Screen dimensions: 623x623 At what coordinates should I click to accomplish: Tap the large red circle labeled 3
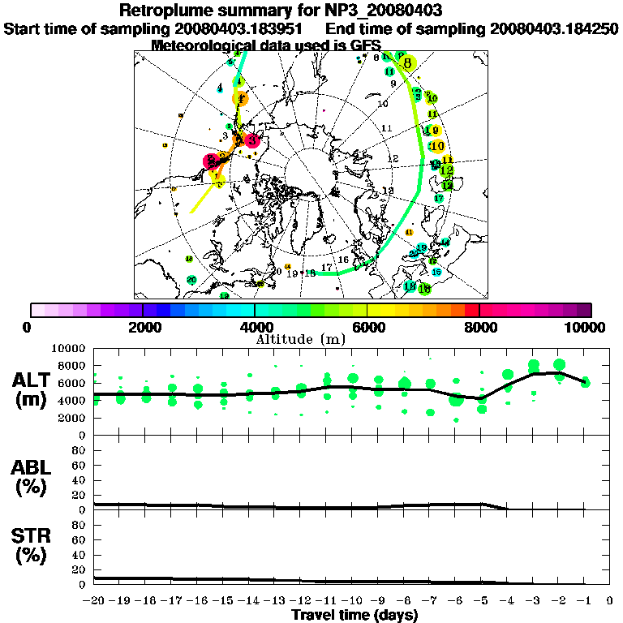[x=252, y=140]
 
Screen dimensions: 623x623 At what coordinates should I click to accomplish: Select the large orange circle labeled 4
[x=240, y=98]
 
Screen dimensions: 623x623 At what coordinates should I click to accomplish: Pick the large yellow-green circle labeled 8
[x=407, y=62]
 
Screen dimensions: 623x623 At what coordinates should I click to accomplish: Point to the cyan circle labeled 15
[x=436, y=272]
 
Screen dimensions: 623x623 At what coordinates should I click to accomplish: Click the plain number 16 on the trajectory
[x=343, y=260]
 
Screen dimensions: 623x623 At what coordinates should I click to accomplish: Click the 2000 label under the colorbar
[x=143, y=328]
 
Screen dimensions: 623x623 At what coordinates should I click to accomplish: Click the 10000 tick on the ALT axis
[x=71, y=348]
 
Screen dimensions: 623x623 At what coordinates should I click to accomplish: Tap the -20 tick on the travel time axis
[x=95, y=601]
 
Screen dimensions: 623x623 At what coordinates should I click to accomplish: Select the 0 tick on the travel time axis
[x=610, y=601]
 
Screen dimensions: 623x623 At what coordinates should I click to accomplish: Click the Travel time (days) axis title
[x=354, y=615]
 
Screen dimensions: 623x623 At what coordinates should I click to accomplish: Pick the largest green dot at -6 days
[x=456, y=399]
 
